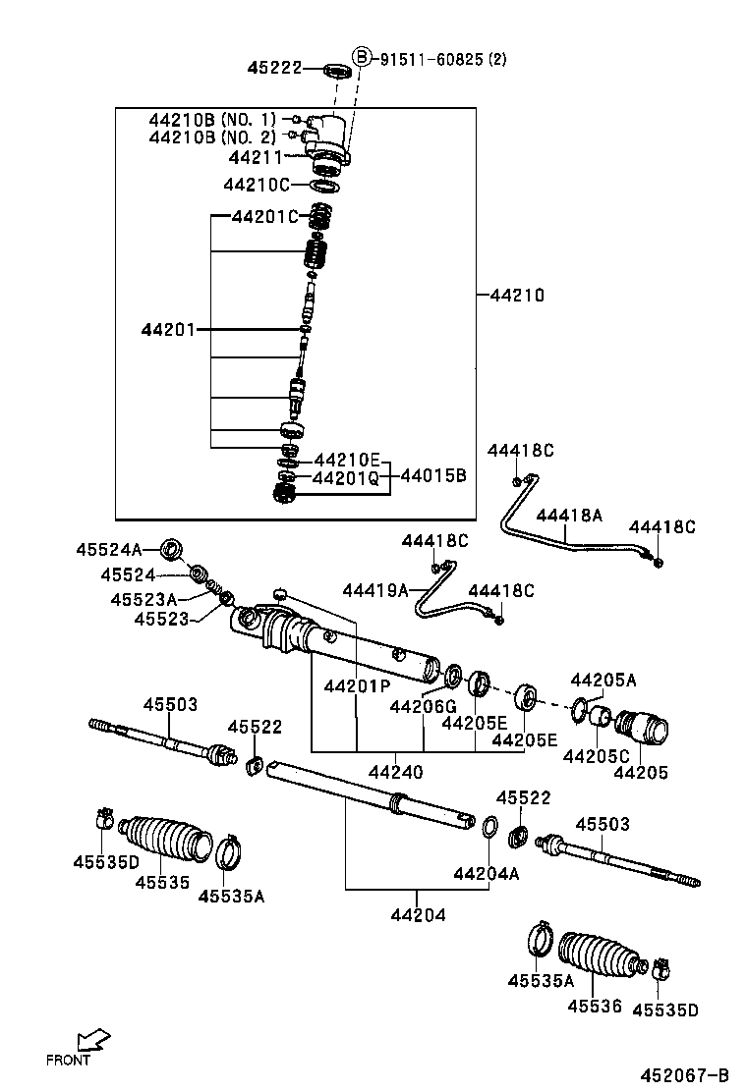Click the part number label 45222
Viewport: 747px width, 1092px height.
[274, 68]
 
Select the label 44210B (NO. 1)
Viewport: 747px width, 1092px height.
[213, 119]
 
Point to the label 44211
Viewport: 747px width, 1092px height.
[256, 157]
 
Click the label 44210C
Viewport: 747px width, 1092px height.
[256, 185]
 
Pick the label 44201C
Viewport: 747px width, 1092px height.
[263, 217]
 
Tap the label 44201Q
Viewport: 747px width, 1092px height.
[345, 478]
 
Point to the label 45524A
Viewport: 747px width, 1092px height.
[109, 550]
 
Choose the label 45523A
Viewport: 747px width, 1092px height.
[144, 599]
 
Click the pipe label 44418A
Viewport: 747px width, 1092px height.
[569, 515]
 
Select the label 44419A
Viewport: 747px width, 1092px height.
[375, 590]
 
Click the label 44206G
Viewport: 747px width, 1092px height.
[423, 706]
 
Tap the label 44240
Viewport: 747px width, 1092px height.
[395, 773]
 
